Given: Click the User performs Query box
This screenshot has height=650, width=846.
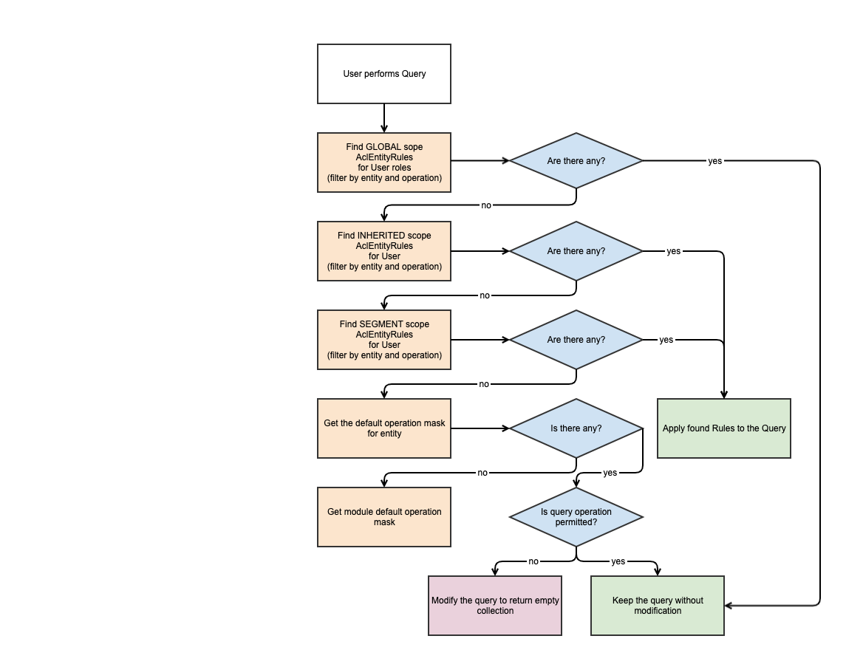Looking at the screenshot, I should click(384, 74).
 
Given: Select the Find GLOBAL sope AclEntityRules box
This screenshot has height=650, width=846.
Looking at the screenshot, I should click(384, 162).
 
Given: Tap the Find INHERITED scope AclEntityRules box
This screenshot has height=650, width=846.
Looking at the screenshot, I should click(384, 251).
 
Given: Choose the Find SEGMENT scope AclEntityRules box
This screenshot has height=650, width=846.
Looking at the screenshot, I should click(384, 340).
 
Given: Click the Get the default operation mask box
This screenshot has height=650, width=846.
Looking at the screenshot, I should click(384, 428).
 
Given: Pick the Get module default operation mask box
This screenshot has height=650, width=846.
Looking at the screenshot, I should click(384, 517).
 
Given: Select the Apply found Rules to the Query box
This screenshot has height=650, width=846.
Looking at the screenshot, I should click(724, 428).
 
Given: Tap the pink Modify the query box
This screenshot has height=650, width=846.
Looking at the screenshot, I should click(495, 606).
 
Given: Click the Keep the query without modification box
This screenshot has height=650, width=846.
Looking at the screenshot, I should click(658, 606).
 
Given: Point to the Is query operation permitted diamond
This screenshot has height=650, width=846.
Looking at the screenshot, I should click(576, 517).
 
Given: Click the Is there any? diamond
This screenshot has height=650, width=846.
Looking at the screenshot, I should click(576, 428).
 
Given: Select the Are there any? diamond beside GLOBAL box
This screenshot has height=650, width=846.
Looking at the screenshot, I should click(576, 161).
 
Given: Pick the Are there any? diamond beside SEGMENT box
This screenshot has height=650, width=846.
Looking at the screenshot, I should click(576, 340).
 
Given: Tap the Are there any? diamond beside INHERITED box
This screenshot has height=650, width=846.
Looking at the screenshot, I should click(576, 251).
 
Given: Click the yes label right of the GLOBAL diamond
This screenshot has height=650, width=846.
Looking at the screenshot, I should click(714, 161).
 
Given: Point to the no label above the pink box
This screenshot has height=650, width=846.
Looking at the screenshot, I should click(533, 561).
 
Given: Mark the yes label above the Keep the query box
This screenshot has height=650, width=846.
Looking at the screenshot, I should click(618, 561).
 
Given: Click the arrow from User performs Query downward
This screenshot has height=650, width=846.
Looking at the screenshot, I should click(384, 118).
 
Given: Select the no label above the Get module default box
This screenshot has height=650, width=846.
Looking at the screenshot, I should click(482, 473).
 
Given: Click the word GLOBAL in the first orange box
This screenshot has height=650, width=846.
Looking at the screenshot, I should click(383, 147).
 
